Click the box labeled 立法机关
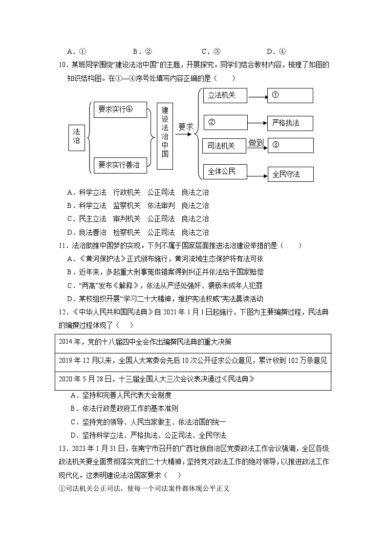point(225,95)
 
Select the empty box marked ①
point(290,95)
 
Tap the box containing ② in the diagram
point(225,122)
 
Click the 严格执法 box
point(290,123)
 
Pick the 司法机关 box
point(225,146)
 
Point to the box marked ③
point(290,145)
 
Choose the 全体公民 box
point(225,171)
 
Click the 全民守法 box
point(290,174)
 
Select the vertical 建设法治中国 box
point(165,135)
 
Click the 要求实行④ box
point(120,110)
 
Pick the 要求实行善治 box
point(120,165)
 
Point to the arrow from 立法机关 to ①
point(258,96)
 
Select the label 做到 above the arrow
point(256,143)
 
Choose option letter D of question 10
point(71,232)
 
